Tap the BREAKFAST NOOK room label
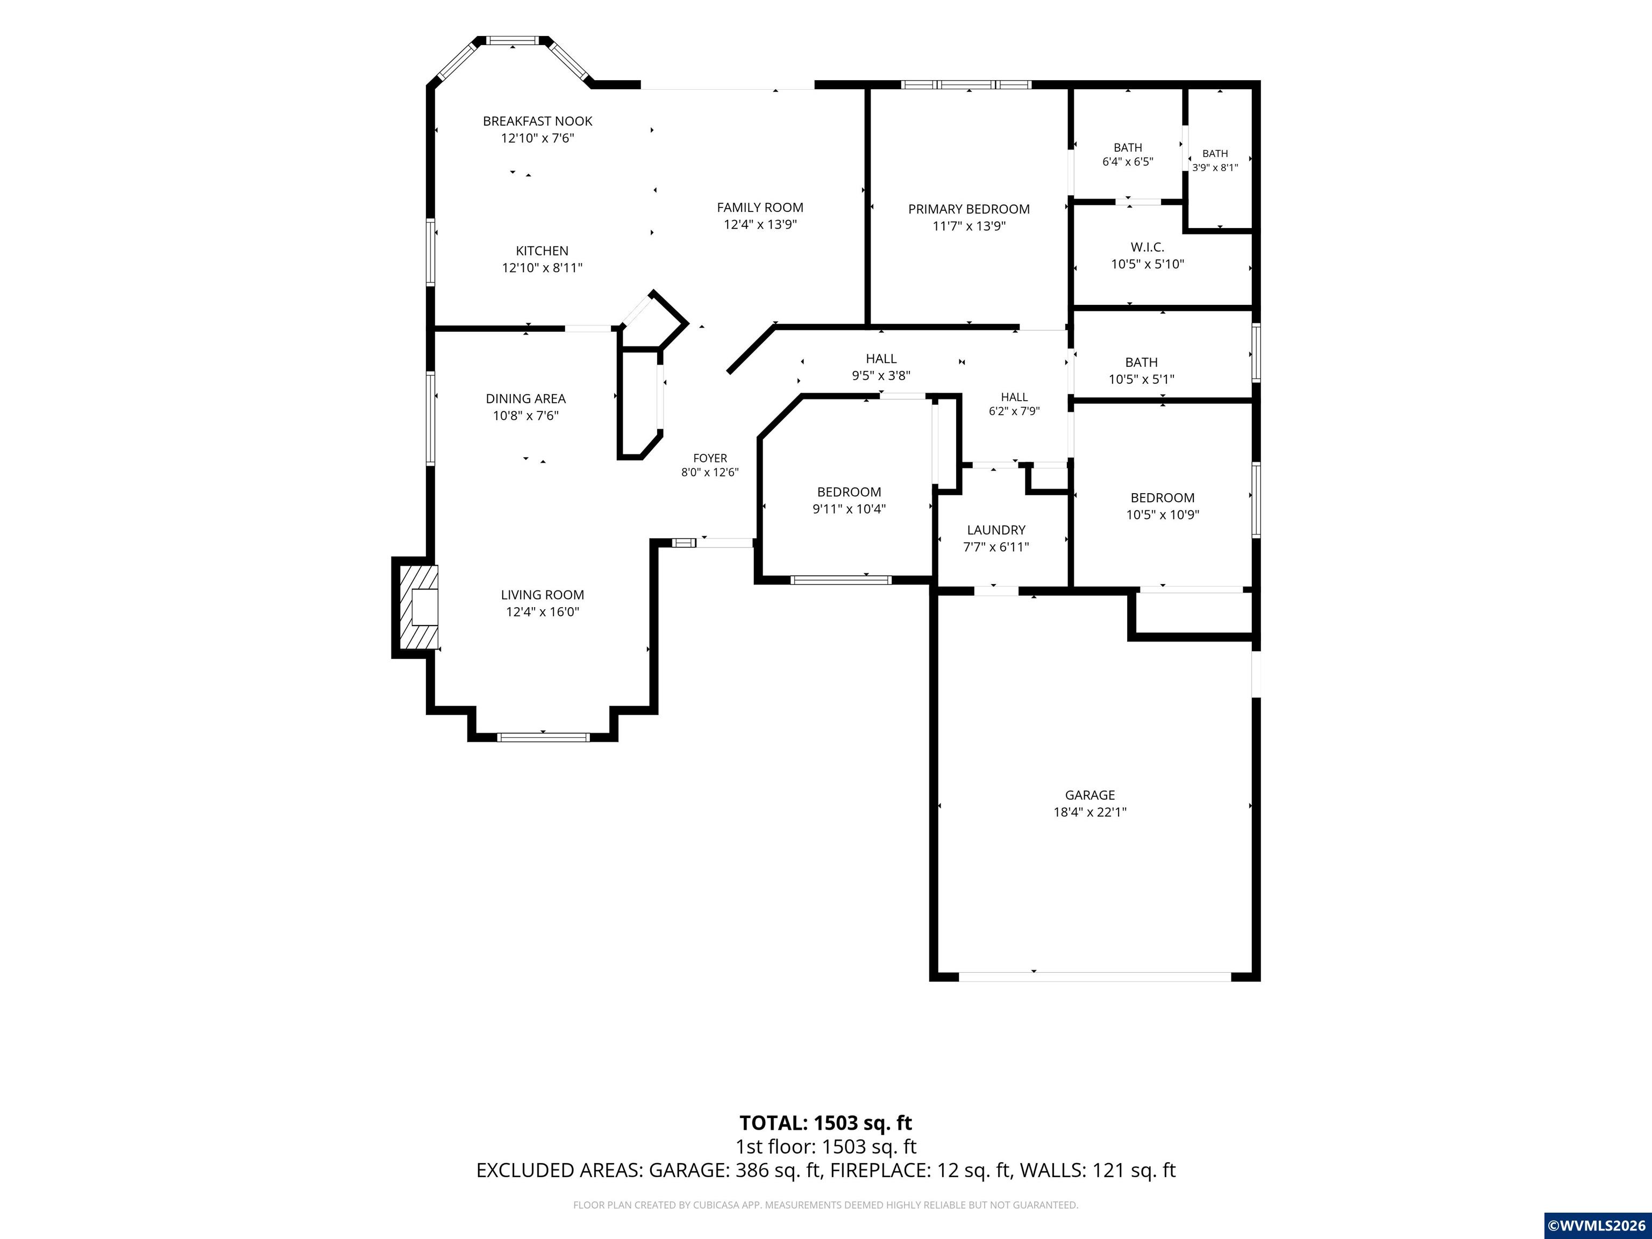click(538, 121)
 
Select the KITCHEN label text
click(542, 251)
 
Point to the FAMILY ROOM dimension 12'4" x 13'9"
click(760, 224)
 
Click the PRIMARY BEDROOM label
click(969, 209)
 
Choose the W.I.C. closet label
click(1147, 246)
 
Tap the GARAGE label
click(1090, 795)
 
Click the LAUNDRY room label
click(996, 530)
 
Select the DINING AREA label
click(526, 399)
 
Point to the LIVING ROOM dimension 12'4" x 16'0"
click(542, 613)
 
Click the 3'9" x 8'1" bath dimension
click(1215, 168)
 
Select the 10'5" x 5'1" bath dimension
click(1141, 380)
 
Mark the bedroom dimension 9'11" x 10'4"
click(849, 509)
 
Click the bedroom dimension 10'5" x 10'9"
click(1163, 515)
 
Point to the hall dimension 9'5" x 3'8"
click(881, 376)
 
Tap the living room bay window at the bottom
click(543, 737)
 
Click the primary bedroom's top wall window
click(966, 84)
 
